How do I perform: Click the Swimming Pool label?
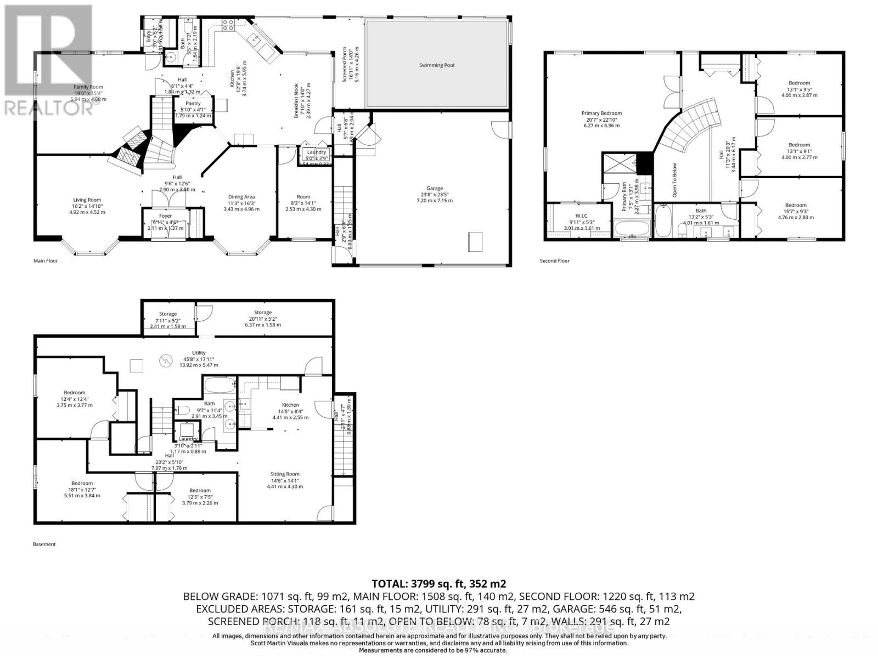pyautogui.click(x=437, y=65)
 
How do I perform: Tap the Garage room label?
pyautogui.click(x=435, y=189)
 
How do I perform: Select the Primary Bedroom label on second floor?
pyautogui.click(x=602, y=114)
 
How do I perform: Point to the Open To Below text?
pyautogui.click(x=674, y=180)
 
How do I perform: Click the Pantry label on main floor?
pyautogui.click(x=193, y=103)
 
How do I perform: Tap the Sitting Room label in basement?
pyautogui.click(x=285, y=474)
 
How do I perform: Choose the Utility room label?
pyautogui.click(x=199, y=353)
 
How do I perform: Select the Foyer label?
pyautogui.click(x=165, y=216)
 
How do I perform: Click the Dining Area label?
pyautogui.click(x=241, y=197)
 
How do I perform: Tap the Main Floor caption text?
pyautogui.click(x=46, y=261)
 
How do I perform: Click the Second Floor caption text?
pyautogui.click(x=555, y=261)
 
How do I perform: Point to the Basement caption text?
pyautogui.click(x=44, y=544)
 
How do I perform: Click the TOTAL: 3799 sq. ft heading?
pyautogui.click(x=438, y=583)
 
